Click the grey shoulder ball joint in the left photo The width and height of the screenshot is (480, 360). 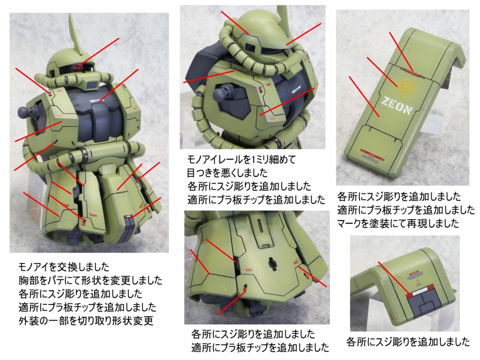coord(25,111)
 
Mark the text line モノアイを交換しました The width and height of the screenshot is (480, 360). coord(64,267)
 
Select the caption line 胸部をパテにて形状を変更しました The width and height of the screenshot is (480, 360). coord(90,280)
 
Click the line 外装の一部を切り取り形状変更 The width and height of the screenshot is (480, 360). coord(86,321)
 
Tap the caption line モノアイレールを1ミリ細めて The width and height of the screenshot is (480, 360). coord(241,159)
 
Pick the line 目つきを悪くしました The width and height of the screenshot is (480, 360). coord(227,173)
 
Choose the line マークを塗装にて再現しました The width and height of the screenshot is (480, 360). coord(398,224)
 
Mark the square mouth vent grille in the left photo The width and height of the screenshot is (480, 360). coord(91,84)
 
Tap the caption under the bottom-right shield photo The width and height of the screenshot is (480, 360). coord(408,341)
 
